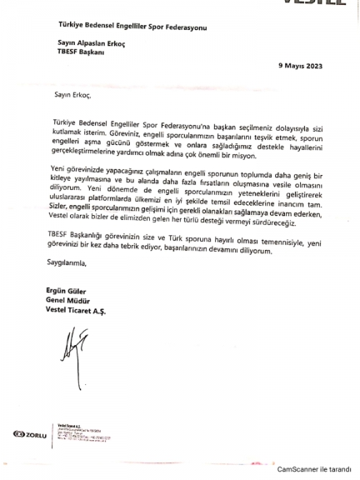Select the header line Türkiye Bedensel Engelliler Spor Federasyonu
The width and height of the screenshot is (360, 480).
132,27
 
